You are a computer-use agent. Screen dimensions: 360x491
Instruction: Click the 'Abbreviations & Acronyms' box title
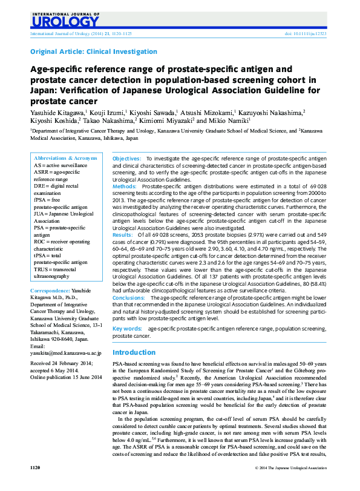coord(65,157)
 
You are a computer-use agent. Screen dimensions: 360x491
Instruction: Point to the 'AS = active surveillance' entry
coord(61,165)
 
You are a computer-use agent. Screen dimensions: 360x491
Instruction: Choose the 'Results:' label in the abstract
coord(123,234)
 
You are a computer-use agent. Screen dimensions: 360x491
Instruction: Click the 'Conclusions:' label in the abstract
coord(129,298)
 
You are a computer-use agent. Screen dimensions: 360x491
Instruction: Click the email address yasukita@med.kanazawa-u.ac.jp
coord(65,352)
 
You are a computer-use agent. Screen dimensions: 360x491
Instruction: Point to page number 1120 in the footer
coord(35,468)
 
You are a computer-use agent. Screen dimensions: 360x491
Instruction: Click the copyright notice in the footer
coord(291,468)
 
